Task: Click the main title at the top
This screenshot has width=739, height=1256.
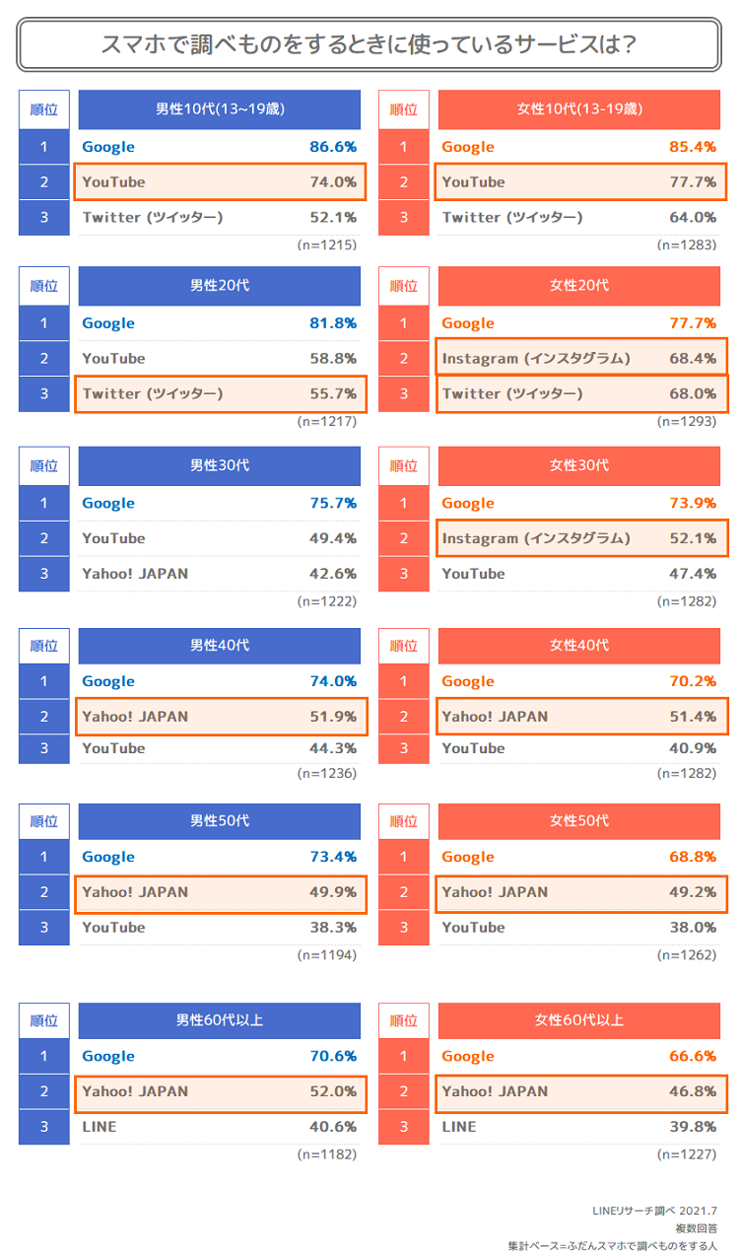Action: point(369,44)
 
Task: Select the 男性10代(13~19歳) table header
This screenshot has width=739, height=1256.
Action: point(220,108)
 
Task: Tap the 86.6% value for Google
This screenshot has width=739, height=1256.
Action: point(333,146)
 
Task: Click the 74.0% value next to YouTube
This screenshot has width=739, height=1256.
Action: point(333,181)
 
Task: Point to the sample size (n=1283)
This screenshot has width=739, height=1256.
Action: point(687,244)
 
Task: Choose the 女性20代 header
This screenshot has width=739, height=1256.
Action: point(578,285)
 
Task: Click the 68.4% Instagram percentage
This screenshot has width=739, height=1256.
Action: point(693,358)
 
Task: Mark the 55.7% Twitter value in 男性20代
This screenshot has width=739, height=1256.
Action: point(333,393)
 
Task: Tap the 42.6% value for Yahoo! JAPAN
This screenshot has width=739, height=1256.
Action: point(333,574)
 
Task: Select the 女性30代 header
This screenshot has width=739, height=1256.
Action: point(578,465)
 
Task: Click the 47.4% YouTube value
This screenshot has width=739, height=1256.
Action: point(693,574)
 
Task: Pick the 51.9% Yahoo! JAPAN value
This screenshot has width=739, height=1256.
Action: point(333,716)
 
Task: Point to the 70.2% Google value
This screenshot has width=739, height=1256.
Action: point(693,680)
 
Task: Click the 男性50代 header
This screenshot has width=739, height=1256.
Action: point(220,821)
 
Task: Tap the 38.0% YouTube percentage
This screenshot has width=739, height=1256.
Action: point(693,928)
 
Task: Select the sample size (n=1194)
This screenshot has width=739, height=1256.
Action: point(327,955)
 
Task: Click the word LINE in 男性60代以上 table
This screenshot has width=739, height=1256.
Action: point(100,1127)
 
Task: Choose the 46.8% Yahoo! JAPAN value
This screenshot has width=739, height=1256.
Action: point(693,1091)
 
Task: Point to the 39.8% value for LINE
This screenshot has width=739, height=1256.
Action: point(693,1127)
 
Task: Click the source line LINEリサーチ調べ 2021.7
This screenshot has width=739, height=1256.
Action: point(654,1211)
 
